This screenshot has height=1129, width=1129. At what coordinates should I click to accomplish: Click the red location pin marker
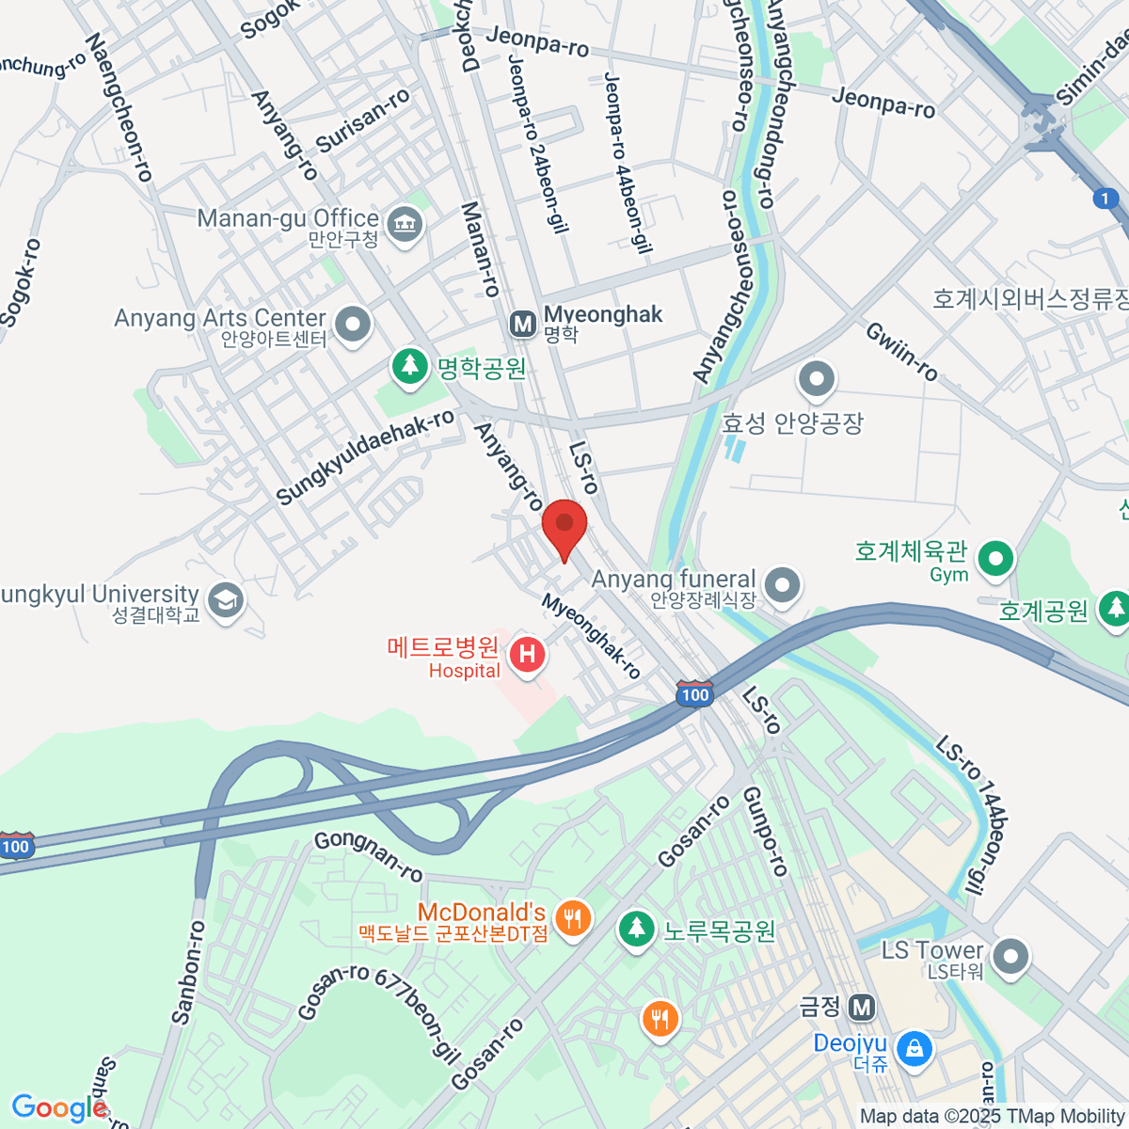point(564,525)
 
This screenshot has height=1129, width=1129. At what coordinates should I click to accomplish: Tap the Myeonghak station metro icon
point(522,325)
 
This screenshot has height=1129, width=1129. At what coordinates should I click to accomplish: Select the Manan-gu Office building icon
point(405,224)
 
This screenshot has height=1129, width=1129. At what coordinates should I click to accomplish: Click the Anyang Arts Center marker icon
point(354,325)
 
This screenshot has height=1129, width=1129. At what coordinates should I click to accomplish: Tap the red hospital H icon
point(527,654)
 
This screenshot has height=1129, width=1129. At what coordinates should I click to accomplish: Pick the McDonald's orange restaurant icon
point(572,916)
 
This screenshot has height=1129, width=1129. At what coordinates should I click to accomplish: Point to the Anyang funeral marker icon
point(782,585)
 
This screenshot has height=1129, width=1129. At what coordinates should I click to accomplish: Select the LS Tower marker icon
point(1010,958)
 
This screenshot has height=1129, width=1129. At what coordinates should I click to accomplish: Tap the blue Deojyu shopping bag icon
point(914,1047)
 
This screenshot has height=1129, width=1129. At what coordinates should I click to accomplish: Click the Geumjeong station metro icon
point(861,1009)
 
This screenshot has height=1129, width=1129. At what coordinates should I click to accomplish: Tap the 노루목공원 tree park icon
point(636,929)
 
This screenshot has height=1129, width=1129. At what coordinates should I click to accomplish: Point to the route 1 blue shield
point(1106,199)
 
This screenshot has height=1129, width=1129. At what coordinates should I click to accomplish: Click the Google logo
point(58,1108)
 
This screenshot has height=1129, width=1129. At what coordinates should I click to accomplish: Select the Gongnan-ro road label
point(368,855)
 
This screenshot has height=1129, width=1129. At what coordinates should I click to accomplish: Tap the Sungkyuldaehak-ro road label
point(365,457)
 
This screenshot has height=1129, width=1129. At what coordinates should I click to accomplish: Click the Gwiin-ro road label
point(901,351)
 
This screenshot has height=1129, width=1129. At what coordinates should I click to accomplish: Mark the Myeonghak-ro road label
point(591,637)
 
